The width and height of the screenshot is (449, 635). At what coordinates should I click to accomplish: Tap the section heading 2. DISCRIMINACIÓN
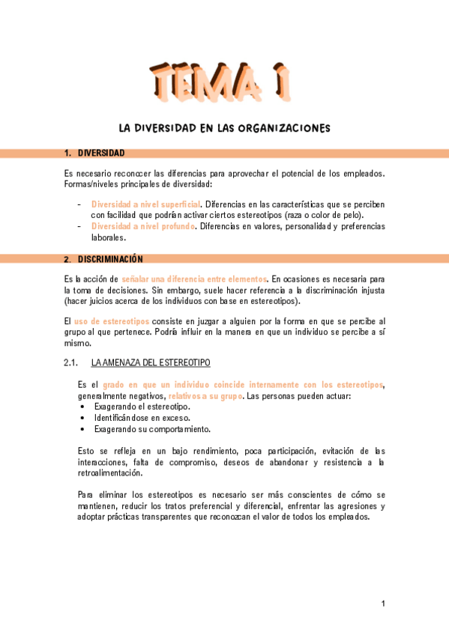pyautogui.click(x=103, y=259)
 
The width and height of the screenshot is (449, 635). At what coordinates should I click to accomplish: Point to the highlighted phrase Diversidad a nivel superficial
pyautogui.click(x=145, y=204)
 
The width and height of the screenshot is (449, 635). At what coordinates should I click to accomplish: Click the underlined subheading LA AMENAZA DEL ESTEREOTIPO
pyautogui.click(x=150, y=363)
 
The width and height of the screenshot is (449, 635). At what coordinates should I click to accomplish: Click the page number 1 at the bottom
pyautogui.click(x=382, y=604)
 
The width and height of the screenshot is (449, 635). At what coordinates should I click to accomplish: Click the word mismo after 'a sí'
pyautogui.click(x=77, y=344)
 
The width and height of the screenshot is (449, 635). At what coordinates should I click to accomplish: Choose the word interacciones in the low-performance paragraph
pyautogui.click(x=103, y=463)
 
